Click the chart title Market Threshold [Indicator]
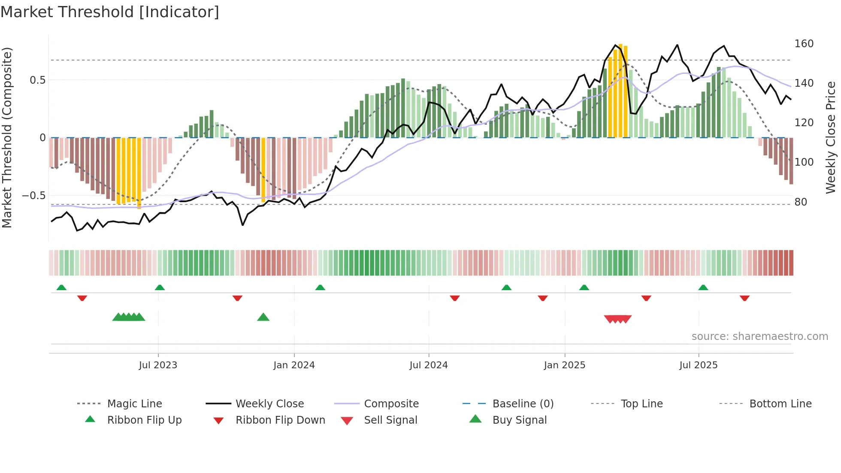click(x=110, y=12)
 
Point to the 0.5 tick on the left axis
click(x=37, y=80)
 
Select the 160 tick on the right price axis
click(x=804, y=44)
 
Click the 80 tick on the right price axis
click(x=801, y=202)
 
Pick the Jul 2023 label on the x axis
click(x=158, y=365)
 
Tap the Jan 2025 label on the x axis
click(x=564, y=365)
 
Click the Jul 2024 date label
click(x=428, y=365)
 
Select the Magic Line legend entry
click(x=134, y=404)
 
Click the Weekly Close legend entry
click(x=269, y=404)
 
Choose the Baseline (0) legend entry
click(x=523, y=404)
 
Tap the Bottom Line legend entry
click(x=780, y=404)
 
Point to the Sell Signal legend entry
click(x=390, y=420)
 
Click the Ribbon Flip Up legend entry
click(x=144, y=420)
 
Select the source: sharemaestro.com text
click(x=759, y=337)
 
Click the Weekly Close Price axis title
click(x=831, y=137)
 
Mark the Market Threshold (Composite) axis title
click(x=7, y=137)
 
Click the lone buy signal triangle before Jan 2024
click(x=263, y=317)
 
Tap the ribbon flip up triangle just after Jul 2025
click(x=703, y=288)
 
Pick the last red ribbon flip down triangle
click(x=744, y=298)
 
